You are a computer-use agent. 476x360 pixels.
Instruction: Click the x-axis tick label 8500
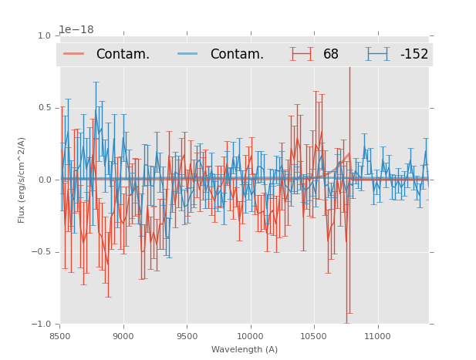point(60,336)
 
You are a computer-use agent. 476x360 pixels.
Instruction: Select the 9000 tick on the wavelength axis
point(123,336)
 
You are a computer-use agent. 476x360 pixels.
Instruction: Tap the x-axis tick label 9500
point(187,336)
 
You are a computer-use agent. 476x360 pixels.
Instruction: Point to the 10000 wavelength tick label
point(251,336)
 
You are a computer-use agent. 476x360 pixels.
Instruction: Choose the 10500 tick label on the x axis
point(314,336)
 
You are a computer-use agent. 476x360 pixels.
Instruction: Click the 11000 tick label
point(378,336)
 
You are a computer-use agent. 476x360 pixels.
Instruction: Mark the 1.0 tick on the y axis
point(44,35)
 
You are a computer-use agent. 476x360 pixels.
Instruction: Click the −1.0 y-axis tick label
point(42,325)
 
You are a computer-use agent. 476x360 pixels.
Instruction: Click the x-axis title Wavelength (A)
point(245,349)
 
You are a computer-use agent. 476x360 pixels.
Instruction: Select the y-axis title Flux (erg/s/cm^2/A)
point(22,180)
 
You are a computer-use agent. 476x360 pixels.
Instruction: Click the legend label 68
point(331,55)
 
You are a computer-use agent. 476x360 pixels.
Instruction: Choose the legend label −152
point(414,55)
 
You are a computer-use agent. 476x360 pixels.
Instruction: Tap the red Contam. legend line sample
point(74,54)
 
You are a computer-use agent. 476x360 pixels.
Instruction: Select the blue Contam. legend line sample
point(188,54)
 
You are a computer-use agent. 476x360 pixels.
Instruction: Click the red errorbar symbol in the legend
point(302,54)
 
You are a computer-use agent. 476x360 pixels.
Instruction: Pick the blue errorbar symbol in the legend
point(377,54)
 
